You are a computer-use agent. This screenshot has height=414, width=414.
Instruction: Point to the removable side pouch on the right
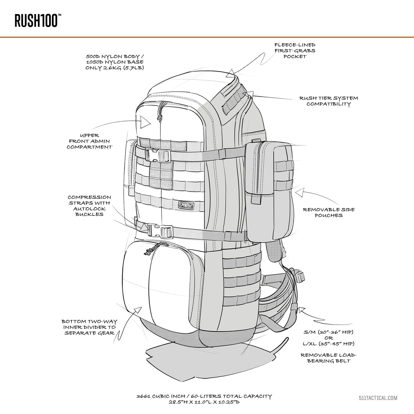pos(269,191)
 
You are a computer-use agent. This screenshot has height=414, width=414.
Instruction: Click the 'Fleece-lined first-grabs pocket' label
pos(295,51)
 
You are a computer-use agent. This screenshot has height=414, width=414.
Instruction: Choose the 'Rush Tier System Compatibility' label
pos(328,101)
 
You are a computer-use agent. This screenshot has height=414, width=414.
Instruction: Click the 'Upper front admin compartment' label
pos(90,141)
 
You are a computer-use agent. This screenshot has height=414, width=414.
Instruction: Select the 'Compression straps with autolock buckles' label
pos(89,206)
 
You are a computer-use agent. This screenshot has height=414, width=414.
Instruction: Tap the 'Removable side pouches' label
pos(329,213)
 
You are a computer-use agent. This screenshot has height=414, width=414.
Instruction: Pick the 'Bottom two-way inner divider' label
pos(89,327)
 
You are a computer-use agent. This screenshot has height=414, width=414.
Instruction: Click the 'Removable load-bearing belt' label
pos(328,358)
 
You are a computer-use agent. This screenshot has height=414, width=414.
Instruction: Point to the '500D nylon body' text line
pos(115,57)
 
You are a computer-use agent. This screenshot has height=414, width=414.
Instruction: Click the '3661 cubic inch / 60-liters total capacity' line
pos(204,396)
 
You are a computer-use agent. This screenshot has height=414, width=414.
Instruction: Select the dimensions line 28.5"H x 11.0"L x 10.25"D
pos(204,402)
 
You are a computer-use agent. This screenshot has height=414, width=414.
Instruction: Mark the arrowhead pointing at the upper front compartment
pos(145,122)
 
